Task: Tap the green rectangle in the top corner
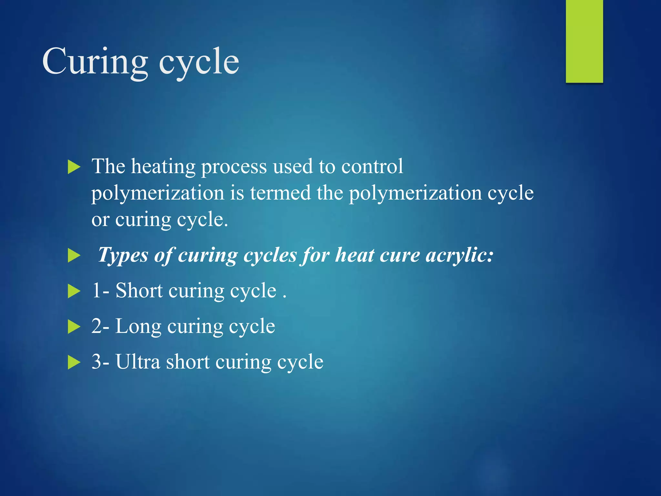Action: point(584,41)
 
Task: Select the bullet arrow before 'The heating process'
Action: point(74,168)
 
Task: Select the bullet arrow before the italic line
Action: point(74,256)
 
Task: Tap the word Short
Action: point(139,291)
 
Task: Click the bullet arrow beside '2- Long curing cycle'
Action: point(74,327)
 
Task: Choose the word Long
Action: point(138,326)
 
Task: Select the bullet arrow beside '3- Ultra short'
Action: point(74,362)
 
